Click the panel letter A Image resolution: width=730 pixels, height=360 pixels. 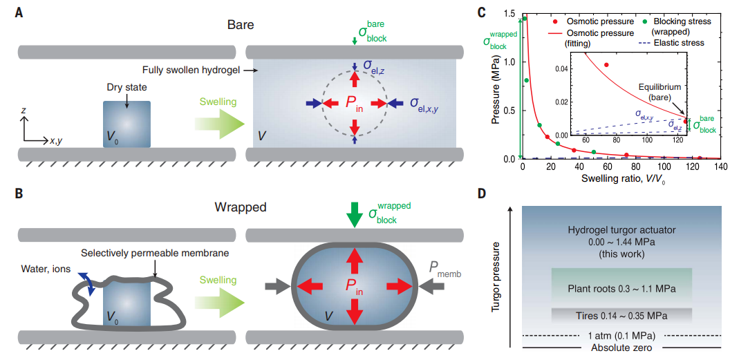[21, 12]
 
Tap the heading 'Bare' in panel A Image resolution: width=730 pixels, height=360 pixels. [241, 25]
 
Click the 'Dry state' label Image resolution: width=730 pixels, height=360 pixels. [127, 88]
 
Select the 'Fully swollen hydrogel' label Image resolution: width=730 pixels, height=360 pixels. [189, 70]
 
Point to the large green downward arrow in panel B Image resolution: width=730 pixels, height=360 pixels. [354, 213]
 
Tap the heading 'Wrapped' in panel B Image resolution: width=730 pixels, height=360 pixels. [240, 207]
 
